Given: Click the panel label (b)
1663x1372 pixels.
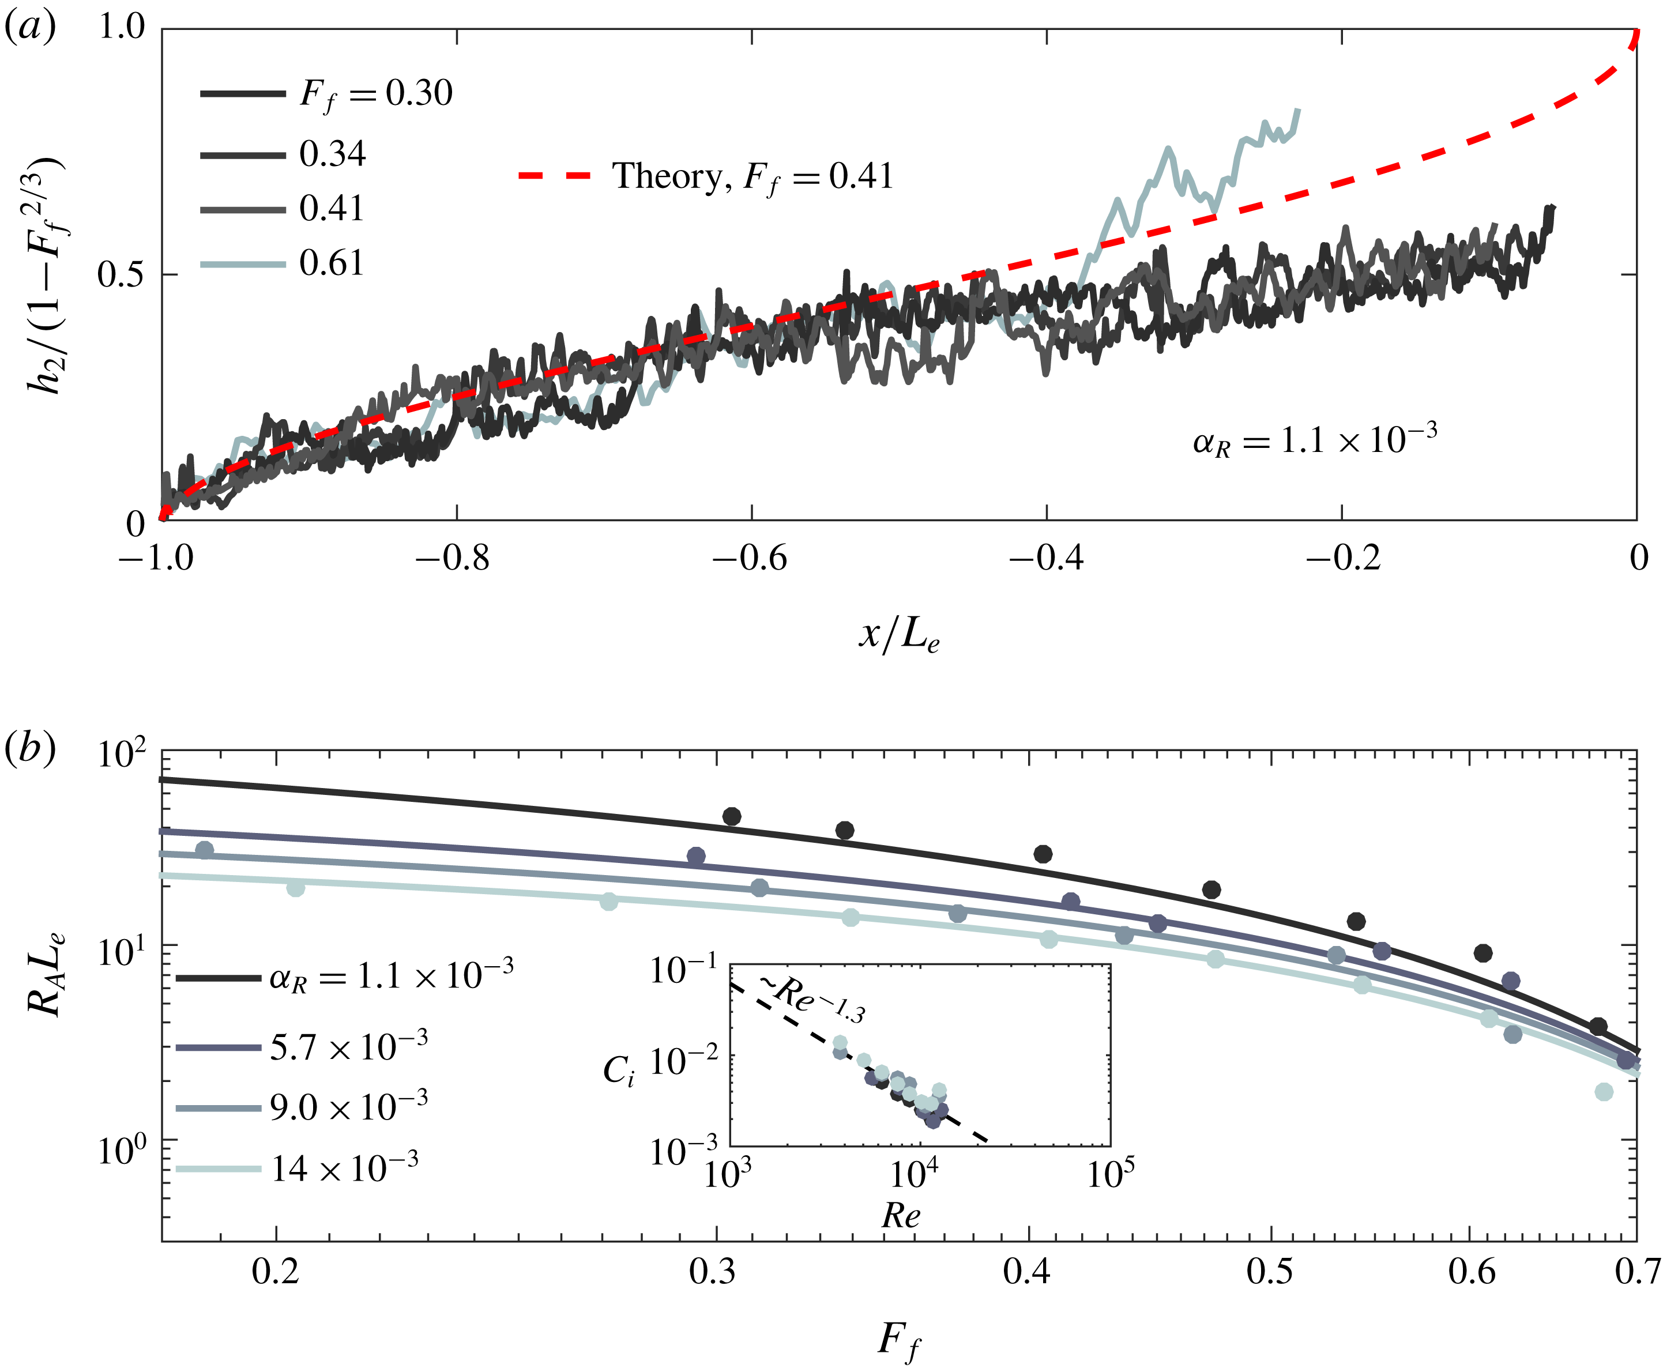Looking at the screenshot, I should click(x=30, y=748).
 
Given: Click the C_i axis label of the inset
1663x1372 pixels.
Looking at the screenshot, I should click(x=619, y=1071).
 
